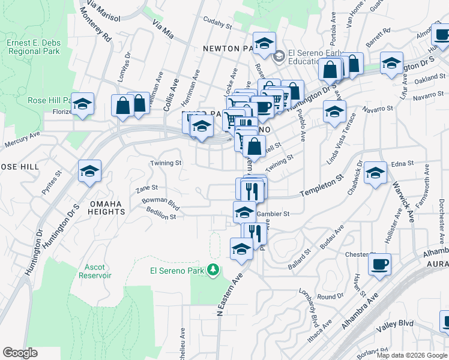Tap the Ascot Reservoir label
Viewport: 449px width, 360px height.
click(x=95, y=271)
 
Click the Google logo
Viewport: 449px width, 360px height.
click(x=20, y=353)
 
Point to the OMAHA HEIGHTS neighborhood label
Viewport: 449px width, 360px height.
click(x=107, y=208)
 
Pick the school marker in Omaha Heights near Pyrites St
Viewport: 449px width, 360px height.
click(x=89, y=171)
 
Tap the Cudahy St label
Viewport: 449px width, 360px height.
click(x=217, y=26)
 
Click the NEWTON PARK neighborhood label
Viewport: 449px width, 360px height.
click(x=231, y=48)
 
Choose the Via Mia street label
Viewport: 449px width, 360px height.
click(x=163, y=29)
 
